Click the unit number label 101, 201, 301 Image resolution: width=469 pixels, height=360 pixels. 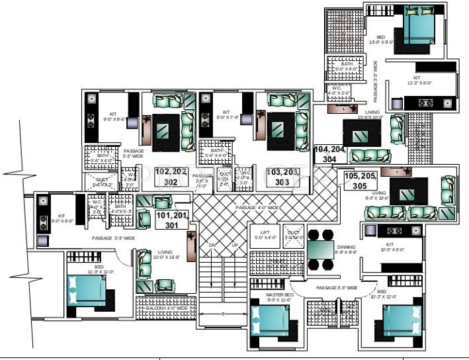point(172,219)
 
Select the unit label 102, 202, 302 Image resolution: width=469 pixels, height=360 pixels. point(170,176)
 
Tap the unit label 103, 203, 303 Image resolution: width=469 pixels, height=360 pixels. point(283,176)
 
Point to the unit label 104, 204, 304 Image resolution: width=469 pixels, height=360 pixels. point(330,154)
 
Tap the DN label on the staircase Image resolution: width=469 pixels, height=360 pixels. point(214,246)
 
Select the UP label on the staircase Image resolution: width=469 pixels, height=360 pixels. point(234,246)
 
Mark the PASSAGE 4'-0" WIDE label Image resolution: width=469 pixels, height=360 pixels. point(257,208)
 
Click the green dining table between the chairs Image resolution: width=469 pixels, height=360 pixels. point(324,251)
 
